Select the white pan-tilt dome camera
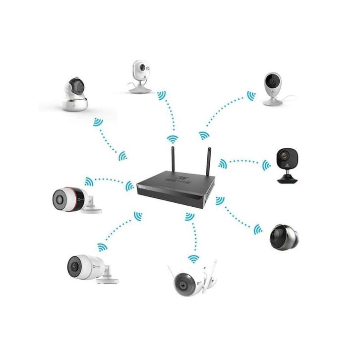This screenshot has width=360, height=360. [x=74, y=94]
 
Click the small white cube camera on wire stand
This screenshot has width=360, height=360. [x=139, y=74]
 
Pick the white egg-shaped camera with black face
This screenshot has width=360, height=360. [x=272, y=87]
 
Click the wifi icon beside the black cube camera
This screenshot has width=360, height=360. [x=267, y=164]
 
